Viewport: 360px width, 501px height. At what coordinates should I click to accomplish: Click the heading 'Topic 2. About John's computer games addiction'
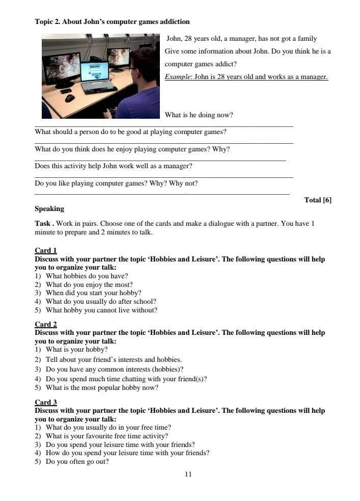pos(112,22)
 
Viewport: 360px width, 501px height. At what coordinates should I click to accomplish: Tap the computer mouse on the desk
pos(70,98)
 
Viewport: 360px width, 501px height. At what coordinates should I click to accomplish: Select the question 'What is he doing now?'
pos(199,115)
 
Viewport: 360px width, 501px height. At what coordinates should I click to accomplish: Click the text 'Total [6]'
pos(318,200)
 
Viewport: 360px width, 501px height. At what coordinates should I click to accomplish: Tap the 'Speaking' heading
pos(49,208)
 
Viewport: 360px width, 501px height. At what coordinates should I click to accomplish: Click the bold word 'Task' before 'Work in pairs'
pos(43,223)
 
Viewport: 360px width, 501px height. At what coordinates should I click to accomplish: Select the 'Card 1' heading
pos(46,251)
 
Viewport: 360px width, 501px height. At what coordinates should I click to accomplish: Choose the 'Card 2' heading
pos(46,324)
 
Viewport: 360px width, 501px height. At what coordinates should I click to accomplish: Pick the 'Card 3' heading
pos(46,402)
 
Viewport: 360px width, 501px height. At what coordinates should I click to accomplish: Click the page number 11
pos(188,474)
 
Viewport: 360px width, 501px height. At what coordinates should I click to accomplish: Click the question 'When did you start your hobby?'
pos(93,293)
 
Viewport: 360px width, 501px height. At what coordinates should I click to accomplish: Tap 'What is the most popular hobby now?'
pos(102,388)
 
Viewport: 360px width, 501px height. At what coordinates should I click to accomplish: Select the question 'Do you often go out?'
pos(77,462)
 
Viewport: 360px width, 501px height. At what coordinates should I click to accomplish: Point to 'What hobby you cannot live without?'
pos(101,310)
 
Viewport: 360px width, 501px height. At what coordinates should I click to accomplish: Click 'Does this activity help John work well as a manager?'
pos(114,166)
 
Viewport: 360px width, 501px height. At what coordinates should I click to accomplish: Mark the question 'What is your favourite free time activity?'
pos(106,436)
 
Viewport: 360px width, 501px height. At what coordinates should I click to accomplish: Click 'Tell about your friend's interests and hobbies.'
pos(114,359)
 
